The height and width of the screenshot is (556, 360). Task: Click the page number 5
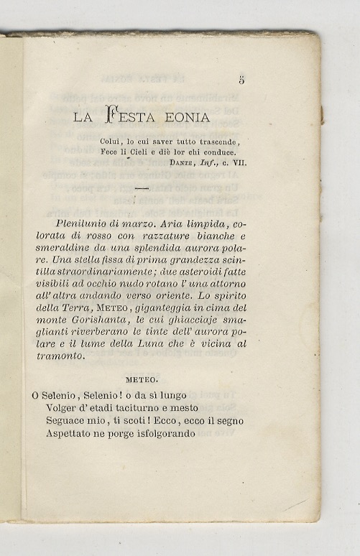click(x=241, y=80)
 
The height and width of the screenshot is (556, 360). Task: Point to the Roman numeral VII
click(x=237, y=163)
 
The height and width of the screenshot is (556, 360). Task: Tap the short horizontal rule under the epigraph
click(x=140, y=188)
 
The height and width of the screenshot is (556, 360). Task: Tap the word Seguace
click(x=67, y=421)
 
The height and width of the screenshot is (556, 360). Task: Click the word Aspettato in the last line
click(x=72, y=434)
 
